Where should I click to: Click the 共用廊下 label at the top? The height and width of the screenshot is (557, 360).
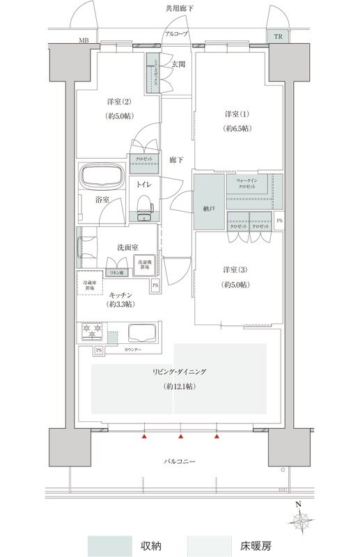(x=180, y=8)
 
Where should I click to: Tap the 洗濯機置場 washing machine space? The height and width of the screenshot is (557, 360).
(x=144, y=265)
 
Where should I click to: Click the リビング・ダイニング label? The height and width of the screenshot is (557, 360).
(x=180, y=372)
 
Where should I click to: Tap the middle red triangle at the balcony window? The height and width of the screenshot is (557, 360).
(x=181, y=437)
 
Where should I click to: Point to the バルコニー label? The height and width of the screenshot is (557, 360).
(x=180, y=462)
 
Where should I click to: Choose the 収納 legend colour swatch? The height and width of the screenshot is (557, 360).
(x=109, y=544)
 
